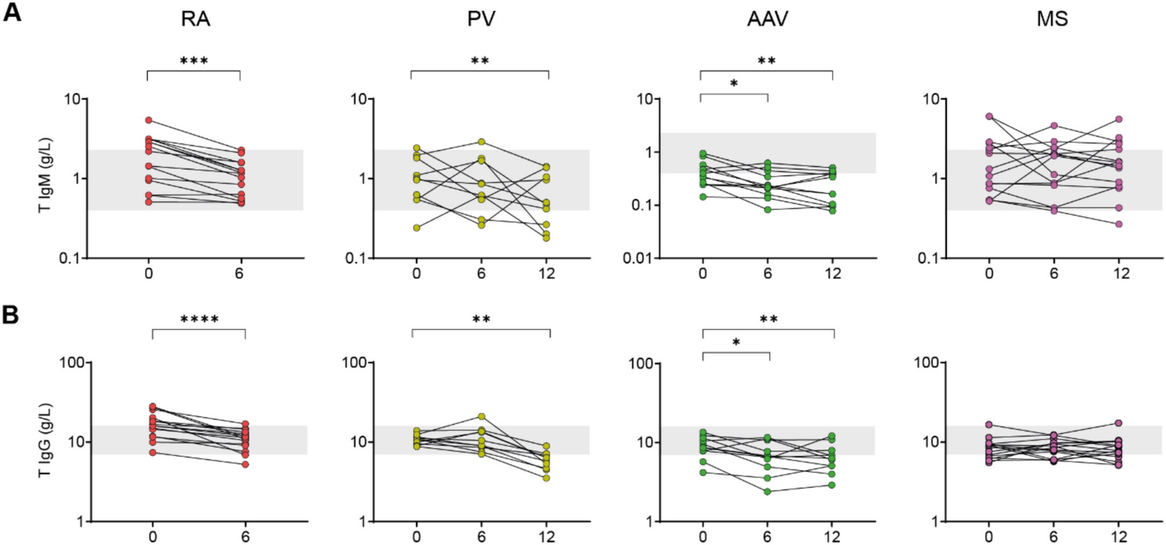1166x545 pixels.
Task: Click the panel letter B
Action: (11, 315)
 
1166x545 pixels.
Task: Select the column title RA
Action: (195, 19)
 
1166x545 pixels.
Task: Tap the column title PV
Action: (481, 19)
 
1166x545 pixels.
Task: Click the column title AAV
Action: (767, 19)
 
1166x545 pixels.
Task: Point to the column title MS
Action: (1052, 19)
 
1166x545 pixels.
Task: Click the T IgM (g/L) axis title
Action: (45, 175)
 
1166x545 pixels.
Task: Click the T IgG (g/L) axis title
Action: (45, 440)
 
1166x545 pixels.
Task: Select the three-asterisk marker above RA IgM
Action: (194, 61)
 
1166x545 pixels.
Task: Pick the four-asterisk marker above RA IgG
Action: (199, 320)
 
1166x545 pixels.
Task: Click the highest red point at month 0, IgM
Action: (149, 120)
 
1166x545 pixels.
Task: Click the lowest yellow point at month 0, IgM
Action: (417, 228)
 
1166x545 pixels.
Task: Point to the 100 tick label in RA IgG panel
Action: (72, 363)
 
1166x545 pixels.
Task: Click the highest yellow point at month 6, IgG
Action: (482, 417)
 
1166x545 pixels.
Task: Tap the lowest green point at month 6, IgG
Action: (767, 492)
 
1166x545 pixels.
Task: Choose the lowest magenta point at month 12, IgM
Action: (1118, 224)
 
